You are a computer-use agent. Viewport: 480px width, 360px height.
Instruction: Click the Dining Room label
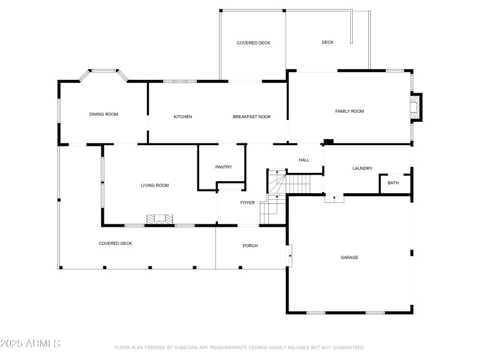(x=103, y=114)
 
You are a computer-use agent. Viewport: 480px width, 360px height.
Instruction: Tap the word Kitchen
(x=183, y=116)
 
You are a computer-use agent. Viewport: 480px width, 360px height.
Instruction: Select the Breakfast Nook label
(x=251, y=116)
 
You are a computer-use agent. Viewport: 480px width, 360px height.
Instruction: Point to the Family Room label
(x=349, y=111)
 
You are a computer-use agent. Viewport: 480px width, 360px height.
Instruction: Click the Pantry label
(x=223, y=167)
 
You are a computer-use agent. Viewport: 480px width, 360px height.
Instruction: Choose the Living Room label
(x=155, y=185)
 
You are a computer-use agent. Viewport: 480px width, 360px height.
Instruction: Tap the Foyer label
(x=248, y=203)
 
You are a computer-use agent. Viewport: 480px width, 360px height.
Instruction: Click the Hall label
(x=304, y=160)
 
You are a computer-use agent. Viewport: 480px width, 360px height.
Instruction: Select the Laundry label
(x=362, y=168)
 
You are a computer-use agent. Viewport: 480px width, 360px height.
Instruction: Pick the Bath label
(x=393, y=183)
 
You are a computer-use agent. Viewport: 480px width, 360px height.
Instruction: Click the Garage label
(x=349, y=257)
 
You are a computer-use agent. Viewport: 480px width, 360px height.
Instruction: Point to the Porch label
(x=250, y=246)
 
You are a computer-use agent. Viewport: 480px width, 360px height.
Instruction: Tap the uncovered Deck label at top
(x=328, y=42)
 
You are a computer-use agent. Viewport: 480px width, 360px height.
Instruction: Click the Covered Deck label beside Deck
(x=253, y=43)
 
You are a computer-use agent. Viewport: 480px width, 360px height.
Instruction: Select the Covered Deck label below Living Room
(x=115, y=243)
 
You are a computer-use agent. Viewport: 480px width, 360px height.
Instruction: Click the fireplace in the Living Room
(x=160, y=220)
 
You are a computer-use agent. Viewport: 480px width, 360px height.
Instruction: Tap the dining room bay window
(x=104, y=73)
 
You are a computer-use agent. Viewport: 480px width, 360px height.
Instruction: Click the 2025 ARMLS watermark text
(x=30, y=344)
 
